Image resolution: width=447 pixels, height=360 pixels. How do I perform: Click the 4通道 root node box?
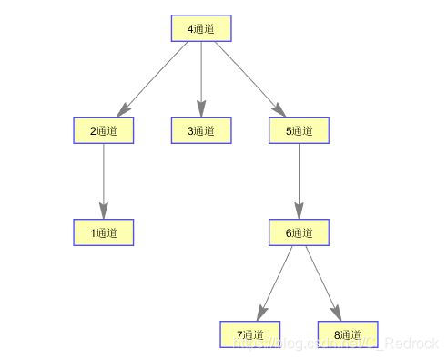click(201, 28)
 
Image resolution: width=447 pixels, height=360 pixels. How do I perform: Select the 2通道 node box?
click(103, 130)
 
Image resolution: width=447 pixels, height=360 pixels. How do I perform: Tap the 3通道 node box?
click(201, 130)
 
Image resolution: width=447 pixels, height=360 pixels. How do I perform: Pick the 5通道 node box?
click(300, 130)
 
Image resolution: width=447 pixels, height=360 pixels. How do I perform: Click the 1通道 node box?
click(103, 232)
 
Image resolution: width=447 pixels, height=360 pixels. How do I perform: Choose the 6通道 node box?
click(300, 232)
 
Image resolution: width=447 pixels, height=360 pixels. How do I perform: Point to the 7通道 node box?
click(250, 334)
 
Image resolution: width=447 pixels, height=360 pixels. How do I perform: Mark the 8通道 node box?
click(348, 334)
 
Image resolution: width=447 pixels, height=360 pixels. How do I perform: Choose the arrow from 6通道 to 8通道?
click(322, 282)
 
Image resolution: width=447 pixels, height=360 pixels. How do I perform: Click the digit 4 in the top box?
click(190, 28)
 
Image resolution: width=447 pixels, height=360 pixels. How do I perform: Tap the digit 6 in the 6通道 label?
click(289, 232)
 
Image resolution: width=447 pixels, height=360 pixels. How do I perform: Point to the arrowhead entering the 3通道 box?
click(201, 111)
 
